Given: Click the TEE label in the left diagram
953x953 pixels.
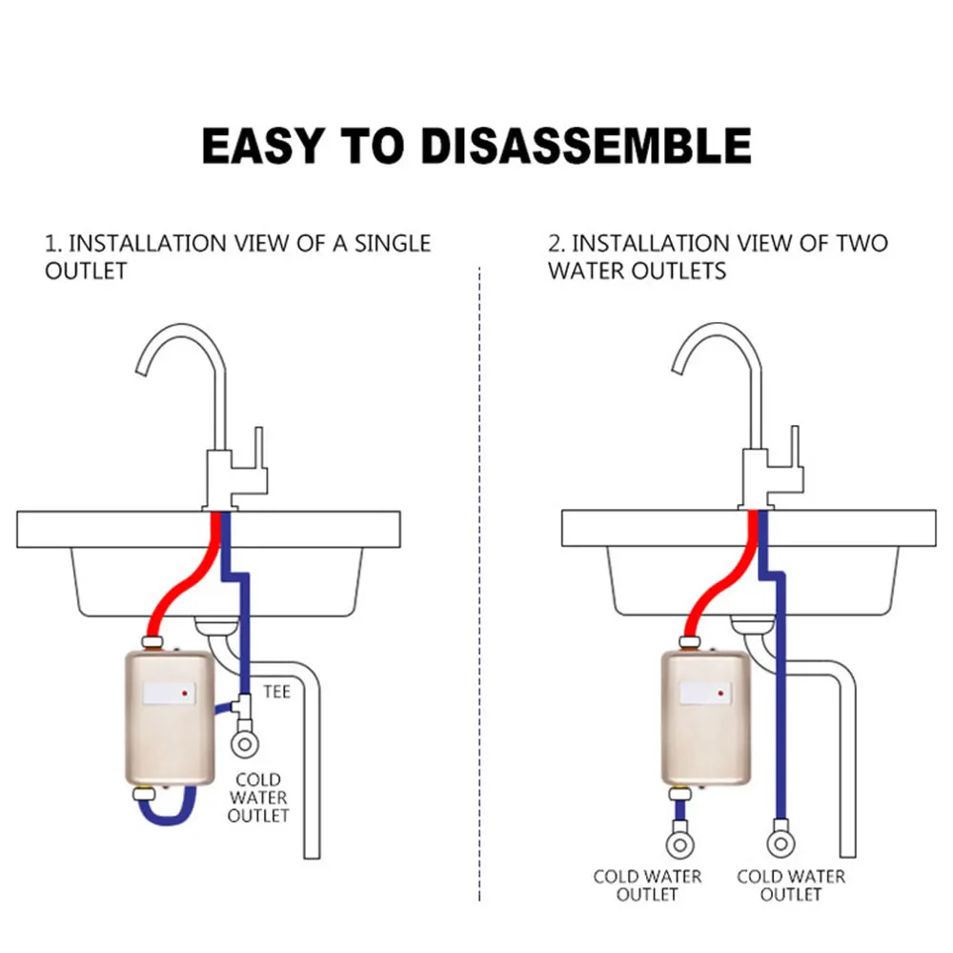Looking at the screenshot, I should click(277, 691).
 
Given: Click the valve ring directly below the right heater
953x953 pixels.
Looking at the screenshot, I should click(680, 843).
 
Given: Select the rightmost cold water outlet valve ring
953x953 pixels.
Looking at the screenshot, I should click(780, 843).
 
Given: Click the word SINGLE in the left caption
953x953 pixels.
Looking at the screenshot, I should click(393, 243).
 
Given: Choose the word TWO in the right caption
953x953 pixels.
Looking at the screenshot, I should click(862, 243).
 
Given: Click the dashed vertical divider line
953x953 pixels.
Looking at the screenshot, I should click(478, 572).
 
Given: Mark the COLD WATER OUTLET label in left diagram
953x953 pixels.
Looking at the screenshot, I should click(258, 797).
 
